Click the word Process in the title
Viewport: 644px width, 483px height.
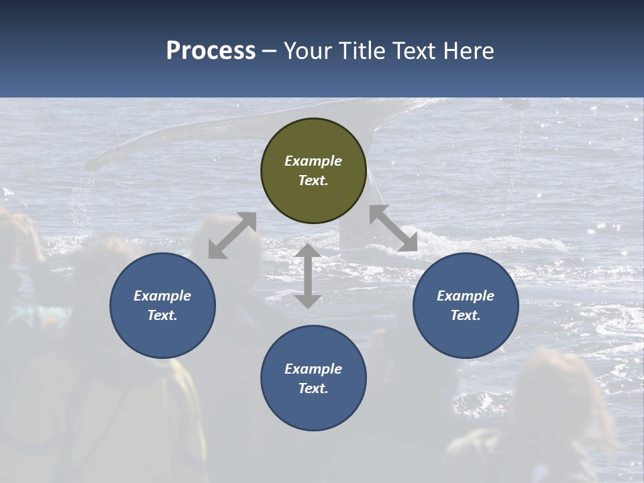[211, 51]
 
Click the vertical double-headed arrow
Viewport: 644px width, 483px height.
[308, 276]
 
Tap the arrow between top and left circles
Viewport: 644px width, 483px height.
[232, 235]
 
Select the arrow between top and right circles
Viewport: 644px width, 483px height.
[393, 228]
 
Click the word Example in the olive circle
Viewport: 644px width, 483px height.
[313, 161]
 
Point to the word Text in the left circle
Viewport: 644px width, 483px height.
[162, 315]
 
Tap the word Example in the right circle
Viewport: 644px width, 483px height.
[466, 296]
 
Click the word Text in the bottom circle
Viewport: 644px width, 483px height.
[313, 388]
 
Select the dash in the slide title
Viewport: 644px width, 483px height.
[270, 51]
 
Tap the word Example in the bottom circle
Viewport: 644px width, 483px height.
[313, 369]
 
